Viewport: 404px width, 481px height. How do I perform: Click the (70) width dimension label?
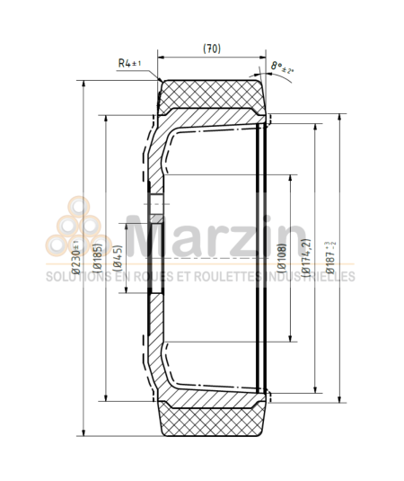212,48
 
